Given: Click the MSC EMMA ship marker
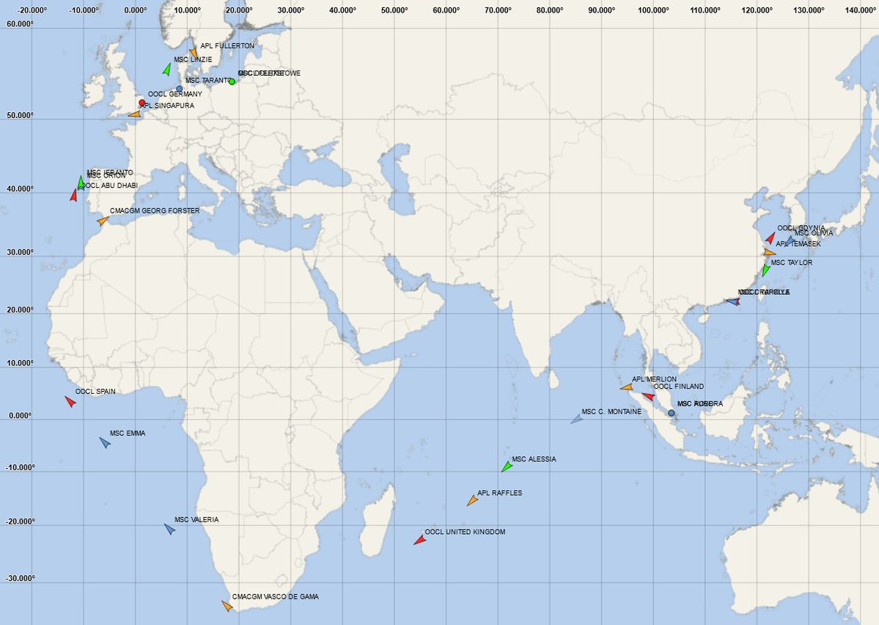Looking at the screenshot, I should coord(105,442).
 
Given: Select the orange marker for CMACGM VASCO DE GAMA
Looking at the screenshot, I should coord(227,606).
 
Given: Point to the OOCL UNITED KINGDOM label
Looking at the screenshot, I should coord(465,532).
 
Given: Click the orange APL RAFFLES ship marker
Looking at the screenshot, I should coord(472,500).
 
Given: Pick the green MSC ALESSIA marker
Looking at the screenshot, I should coord(506,467).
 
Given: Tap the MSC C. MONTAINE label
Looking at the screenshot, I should coord(611,412).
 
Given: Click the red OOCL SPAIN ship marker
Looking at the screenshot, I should coord(70,401).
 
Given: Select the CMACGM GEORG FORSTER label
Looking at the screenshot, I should coord(155,211).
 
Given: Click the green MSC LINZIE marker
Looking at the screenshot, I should coord(166,70).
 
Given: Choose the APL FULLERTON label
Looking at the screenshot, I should coord(227,45).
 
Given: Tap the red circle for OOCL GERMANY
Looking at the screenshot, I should coord(142,103).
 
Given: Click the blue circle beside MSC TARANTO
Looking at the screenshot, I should coord(180,89).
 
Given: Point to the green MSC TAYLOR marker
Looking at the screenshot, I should coord(765,270).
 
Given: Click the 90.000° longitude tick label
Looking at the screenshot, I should coord(602,11).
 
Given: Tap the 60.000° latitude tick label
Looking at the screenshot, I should coord(21,24).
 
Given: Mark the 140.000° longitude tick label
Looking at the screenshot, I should coord(861,11).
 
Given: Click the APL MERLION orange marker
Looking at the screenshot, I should coord(626,387).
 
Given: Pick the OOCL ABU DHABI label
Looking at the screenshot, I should coord(110,186).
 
